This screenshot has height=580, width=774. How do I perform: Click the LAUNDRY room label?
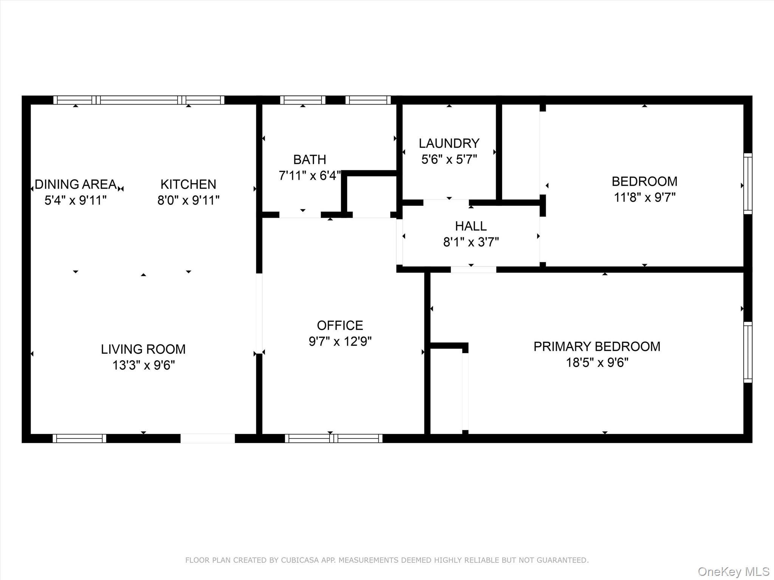coord(449,143)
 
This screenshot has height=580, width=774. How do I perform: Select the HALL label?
coord(471,226)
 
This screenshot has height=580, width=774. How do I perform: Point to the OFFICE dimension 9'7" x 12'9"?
coord(340,341)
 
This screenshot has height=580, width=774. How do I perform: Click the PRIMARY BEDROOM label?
coord(597,347)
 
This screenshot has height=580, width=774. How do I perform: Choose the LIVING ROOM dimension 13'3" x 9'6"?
coord(144,365)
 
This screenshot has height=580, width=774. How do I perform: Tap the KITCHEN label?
coord(188,184)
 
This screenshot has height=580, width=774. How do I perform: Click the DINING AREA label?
coord(76,184)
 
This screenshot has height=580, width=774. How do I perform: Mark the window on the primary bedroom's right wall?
coord(748,352)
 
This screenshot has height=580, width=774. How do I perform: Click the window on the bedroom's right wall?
coord(748,184)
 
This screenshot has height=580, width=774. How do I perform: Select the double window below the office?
coord(333,438)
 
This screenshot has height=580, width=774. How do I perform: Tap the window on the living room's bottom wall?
coord(79,438)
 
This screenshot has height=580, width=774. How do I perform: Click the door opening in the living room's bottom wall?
coord(207,438)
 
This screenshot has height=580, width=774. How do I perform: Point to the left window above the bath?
coord(302,100)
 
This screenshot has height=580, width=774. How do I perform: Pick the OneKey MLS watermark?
coord(733,571)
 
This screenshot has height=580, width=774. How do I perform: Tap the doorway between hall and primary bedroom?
coord(473,270)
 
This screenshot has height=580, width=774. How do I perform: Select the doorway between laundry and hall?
coord(446,203)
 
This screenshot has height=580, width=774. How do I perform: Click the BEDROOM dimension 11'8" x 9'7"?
coord(644,197)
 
